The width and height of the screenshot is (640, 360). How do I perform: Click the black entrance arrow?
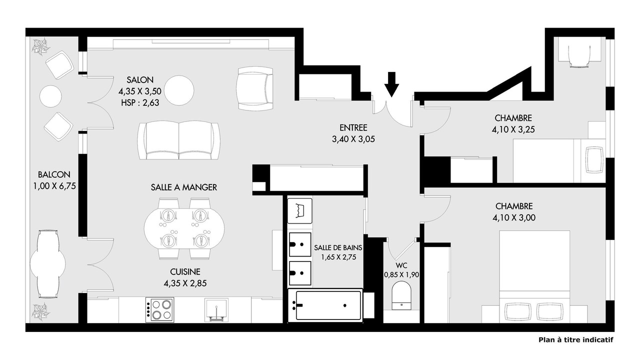[391, 84]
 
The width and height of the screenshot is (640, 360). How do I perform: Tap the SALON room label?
[140, 79]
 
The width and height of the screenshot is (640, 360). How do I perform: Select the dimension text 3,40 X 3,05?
[353, 139]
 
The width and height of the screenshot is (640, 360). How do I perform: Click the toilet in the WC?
[401, 296]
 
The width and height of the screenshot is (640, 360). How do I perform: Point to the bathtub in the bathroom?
[325, 305]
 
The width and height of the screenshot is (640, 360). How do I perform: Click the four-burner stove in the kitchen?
[159, 309]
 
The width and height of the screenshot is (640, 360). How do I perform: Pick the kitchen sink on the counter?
[216, 310]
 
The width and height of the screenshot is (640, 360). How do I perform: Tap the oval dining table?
[184, 229]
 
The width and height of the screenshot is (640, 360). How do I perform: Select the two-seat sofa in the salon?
[179, 141]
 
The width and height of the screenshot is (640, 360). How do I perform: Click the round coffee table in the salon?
[179, 90]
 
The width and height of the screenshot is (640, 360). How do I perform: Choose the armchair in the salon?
[254, 88]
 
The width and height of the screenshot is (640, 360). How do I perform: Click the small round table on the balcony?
[50, 96]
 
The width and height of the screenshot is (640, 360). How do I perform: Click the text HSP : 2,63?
[140, 102]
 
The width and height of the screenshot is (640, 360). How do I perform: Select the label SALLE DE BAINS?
[338, 247]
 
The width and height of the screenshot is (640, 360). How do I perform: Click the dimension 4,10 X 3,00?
[514, 217]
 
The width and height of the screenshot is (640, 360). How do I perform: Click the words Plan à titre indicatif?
[576, 340]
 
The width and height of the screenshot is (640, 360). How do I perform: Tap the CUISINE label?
[185, 271]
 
